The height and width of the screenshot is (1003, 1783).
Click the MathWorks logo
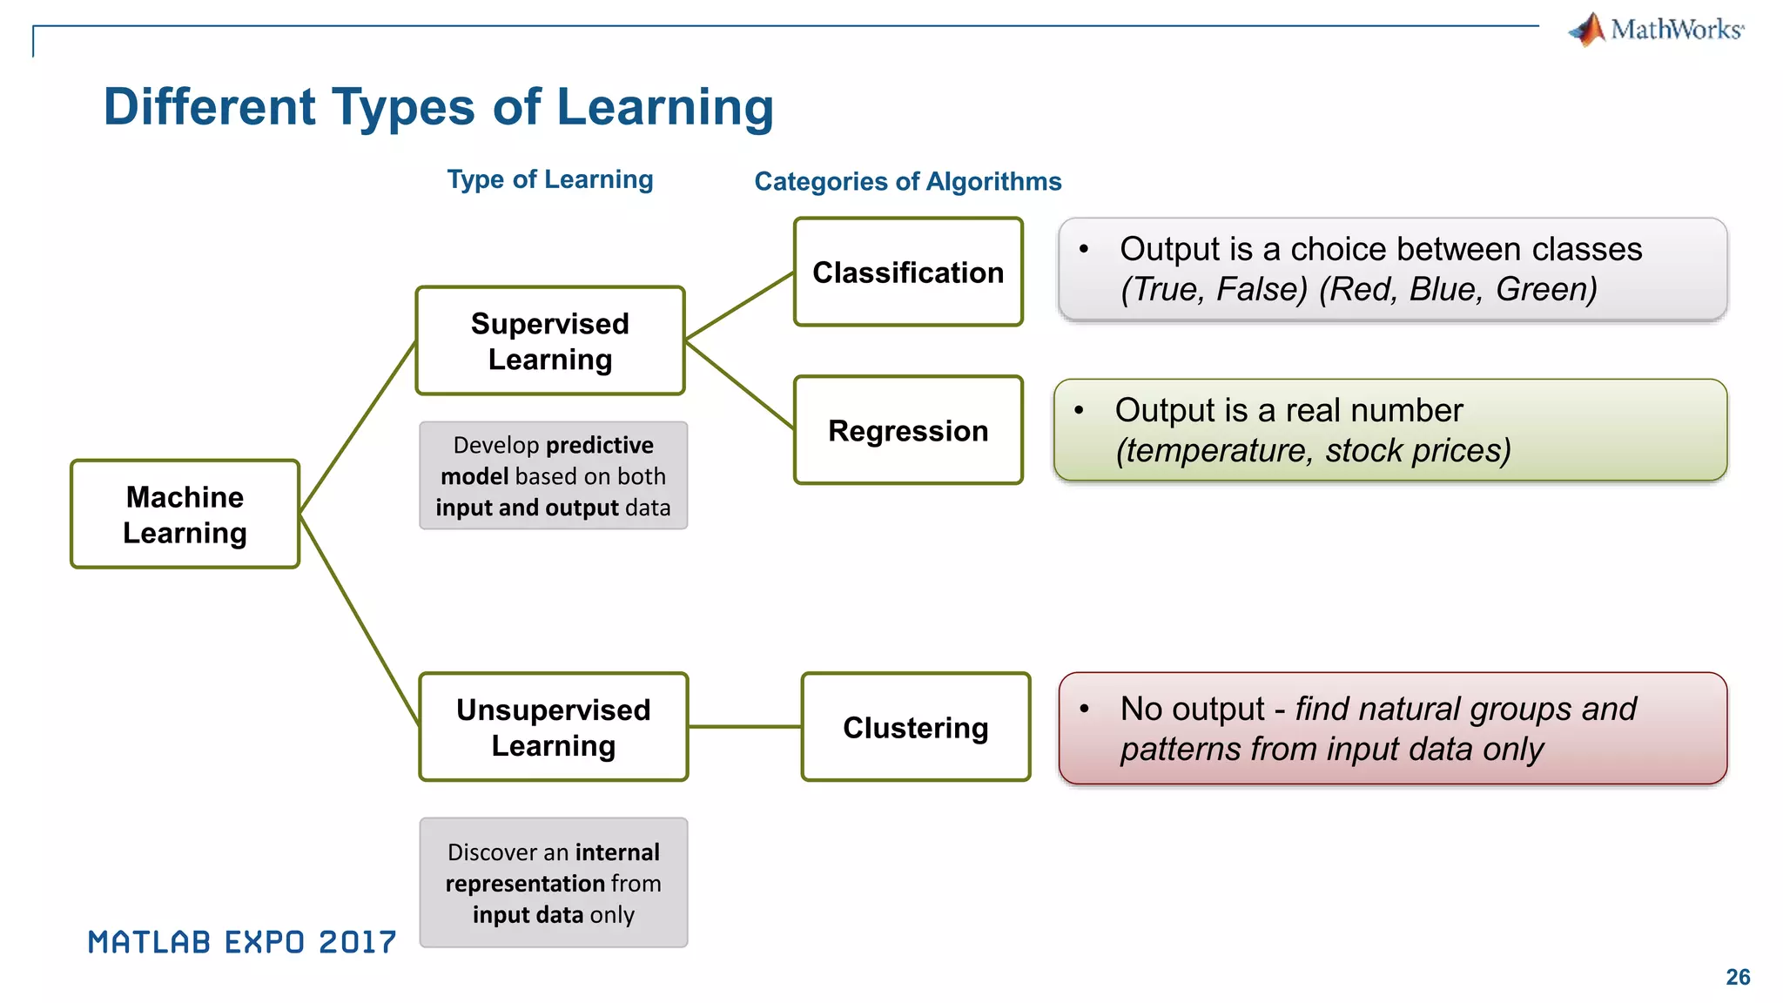click(x=1656, y=30)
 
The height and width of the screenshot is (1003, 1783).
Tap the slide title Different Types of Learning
click(x=438, y=107)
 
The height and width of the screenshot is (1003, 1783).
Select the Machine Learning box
click(x=185, y=515)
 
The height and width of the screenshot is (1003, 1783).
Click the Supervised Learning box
click(x=550, y=341)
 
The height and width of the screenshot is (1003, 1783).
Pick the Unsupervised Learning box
click(x=554, y=727)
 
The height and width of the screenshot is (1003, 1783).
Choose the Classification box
click(x=908, y=273)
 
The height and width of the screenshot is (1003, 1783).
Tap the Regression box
click(x=908, y=430)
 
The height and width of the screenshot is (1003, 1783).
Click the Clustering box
click(x=915, y=727)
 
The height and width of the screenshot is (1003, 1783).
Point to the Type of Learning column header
click(x=549, y=179)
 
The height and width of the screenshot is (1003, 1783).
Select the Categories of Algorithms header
click(x=907, y=181)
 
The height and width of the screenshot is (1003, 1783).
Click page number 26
click(x=1738, y=977)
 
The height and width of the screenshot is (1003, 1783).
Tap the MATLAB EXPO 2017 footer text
click(x=242, y=942)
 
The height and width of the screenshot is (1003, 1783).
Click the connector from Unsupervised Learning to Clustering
click(x=744, y=726)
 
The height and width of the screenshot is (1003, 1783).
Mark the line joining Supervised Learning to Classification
click(x=739, y=306)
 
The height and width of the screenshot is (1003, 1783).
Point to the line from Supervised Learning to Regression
click(x=739, y=384)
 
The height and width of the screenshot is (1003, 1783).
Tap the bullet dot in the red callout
click(x=1084, y=709)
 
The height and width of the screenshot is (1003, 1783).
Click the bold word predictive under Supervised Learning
click(x=600, y=445)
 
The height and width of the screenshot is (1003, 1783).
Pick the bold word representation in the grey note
click(x=525, y=884)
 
